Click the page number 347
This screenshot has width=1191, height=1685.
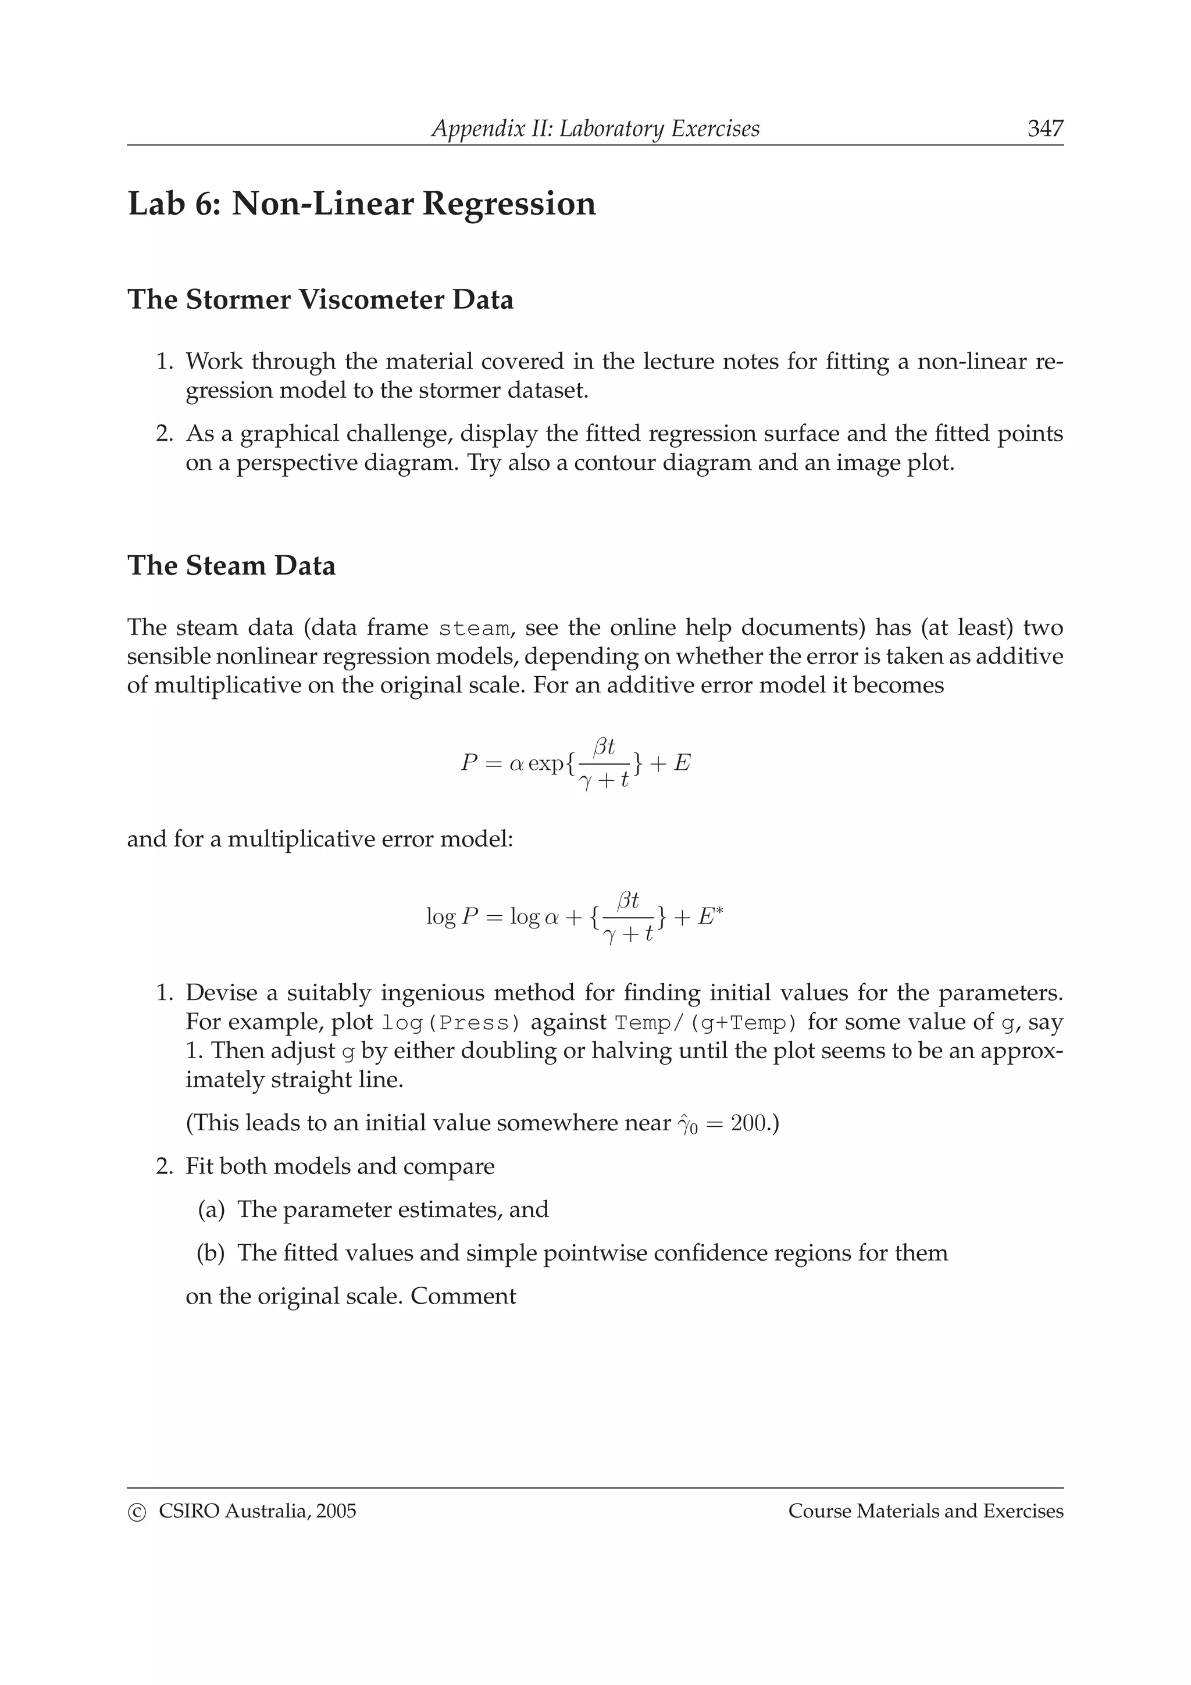[1044, 128]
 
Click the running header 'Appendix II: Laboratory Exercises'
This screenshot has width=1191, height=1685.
[595, 128]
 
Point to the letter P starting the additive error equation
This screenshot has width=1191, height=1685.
[469, 763]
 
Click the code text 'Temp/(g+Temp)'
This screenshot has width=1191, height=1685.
[706, 1022]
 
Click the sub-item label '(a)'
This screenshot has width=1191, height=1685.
[211, 1209]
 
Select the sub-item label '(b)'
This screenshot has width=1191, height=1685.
[211, 1253]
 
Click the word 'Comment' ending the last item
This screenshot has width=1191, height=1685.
[463, 1296]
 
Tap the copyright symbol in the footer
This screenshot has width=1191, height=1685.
[137, 1512]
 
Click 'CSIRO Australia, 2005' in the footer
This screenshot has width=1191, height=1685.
[257, 1511]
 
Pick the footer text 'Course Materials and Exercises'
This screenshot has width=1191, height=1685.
[925, 1511]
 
